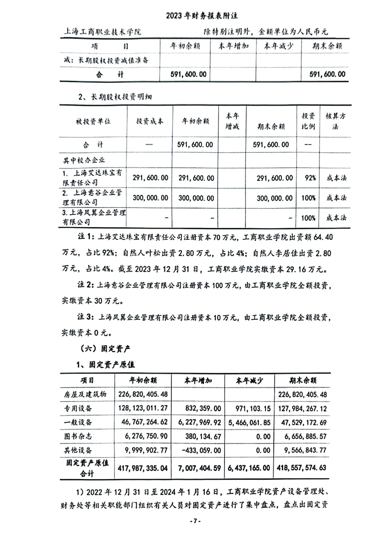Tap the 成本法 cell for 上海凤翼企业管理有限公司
tap(336, 216)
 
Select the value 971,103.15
tap(248, 407)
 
